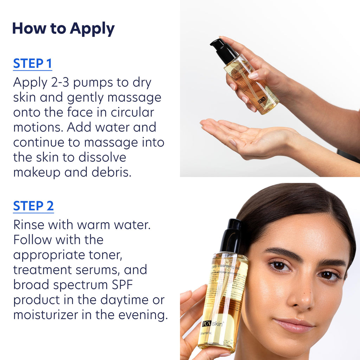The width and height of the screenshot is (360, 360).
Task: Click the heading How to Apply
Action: [x=63, y=29]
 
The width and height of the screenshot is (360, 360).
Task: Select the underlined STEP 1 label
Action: [x=32, y=64]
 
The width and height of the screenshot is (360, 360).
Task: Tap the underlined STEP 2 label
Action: [x=33, y=206]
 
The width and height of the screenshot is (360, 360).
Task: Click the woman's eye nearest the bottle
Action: [x=280, y=266]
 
